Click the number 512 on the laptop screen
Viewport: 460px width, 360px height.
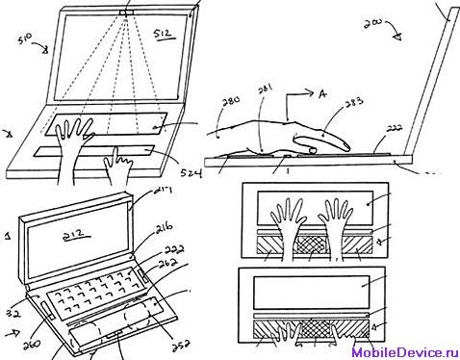[163, 36]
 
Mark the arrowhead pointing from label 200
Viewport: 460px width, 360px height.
[399, 36]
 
